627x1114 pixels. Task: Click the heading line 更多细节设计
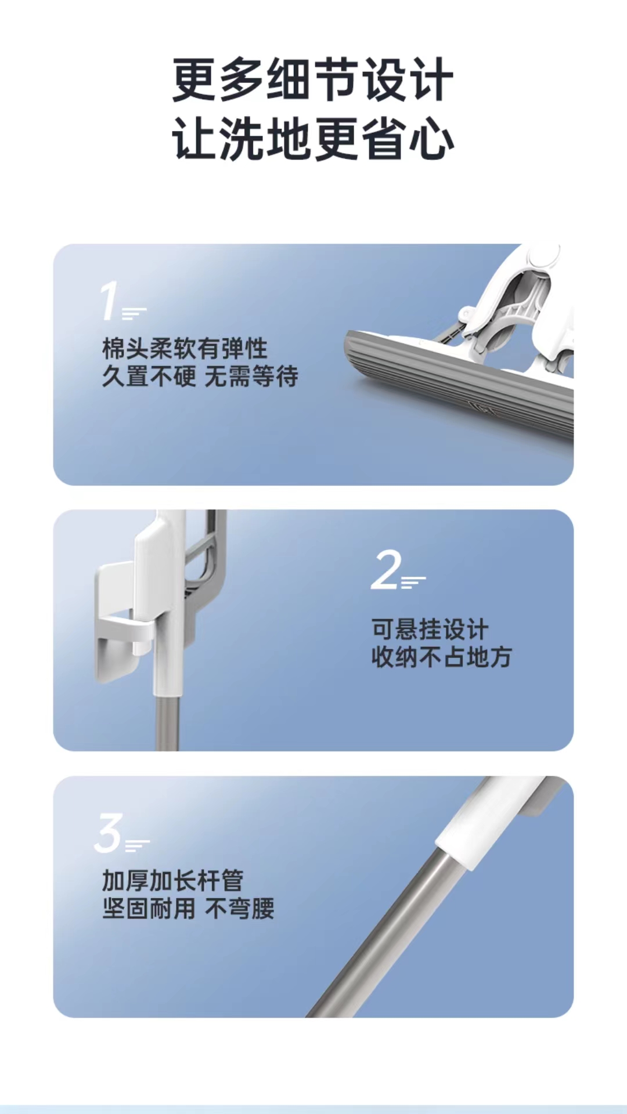313,80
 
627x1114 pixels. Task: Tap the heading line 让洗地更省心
313,139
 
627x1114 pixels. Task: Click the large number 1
109,301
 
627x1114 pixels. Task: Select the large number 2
386,570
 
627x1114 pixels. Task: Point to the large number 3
109,833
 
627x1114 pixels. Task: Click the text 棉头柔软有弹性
185,349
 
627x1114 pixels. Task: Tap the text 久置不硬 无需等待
200,377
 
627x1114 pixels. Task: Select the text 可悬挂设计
430,629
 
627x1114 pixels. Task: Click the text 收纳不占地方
441,657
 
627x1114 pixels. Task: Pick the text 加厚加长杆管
172,880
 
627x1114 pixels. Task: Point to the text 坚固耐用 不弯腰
188,909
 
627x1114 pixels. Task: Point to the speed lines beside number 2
413,582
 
